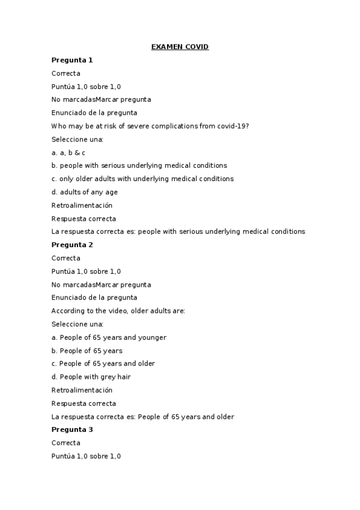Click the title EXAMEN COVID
pos(180,47)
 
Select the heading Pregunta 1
pos(72,60)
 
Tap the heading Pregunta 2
pos(72,245)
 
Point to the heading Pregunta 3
pos(72,430)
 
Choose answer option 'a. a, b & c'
pos(69,153)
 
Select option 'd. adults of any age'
pos(85,192)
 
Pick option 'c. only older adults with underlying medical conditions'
pos(142,179)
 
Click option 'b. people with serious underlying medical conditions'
pos(139,165)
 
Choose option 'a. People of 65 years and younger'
pos(109,337)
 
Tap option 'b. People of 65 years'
pos(87,351)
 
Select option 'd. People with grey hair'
pos(91,377)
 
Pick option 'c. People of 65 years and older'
pos(103,364)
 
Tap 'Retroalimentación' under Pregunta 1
pos(82,206)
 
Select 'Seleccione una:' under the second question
pos(78,324)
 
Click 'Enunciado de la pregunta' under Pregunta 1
pos(94,112)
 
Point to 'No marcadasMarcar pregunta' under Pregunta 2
pos(101,284)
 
